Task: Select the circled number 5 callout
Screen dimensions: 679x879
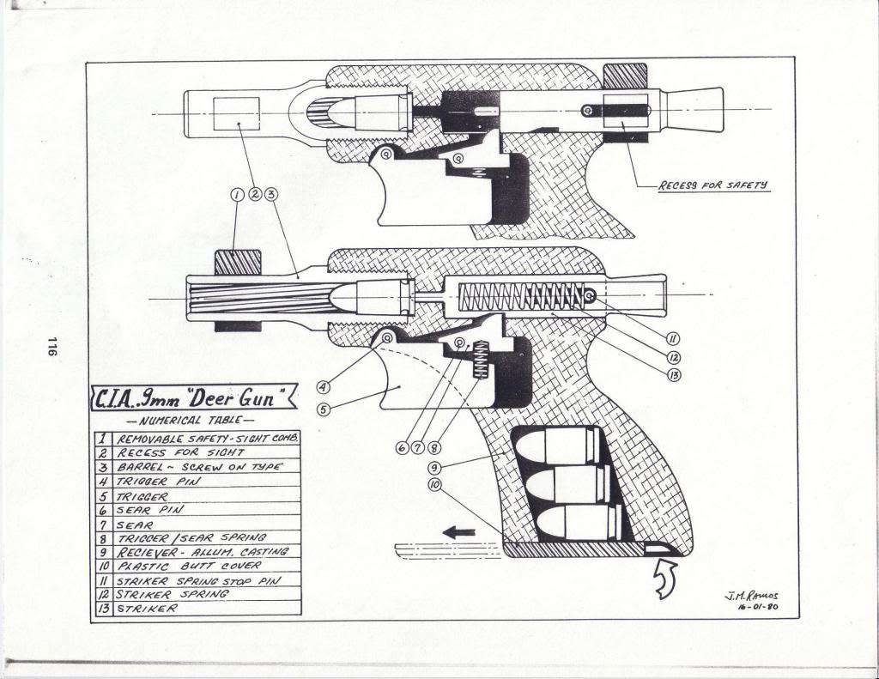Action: [x=323, y=409]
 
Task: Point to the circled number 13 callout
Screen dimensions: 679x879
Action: [x=674, y=374]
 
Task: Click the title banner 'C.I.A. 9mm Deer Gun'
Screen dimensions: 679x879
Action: [x=193, y=397]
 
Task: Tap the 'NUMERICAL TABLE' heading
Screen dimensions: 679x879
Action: [x=190, y=421]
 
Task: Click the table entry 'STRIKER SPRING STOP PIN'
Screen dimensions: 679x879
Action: [x=198, y=580]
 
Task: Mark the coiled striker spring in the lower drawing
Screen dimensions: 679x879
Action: [x=523, y=297]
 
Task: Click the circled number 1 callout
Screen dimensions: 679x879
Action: [x=239, y=195]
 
